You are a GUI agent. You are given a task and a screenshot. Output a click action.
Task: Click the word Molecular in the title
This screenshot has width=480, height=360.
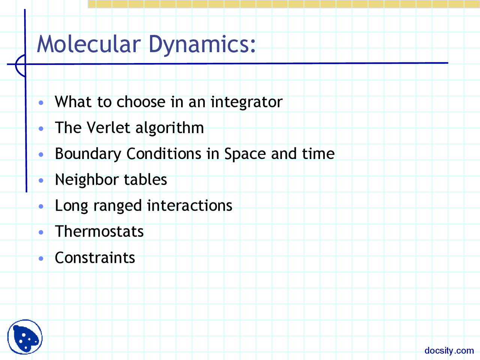click(89, 44)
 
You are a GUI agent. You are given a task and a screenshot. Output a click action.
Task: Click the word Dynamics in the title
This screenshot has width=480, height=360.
click(202, 45)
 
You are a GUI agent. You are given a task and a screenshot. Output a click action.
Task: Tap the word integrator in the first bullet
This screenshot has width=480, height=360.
click(247, 102)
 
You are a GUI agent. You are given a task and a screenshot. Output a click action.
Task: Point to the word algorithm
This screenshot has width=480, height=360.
click(170, 128)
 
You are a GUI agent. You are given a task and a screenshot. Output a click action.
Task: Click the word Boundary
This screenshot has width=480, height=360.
click(88, 154)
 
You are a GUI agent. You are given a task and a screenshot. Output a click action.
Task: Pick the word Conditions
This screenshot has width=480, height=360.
click(164, 153)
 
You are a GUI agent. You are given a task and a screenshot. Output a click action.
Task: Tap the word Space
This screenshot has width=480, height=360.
click(245, 154)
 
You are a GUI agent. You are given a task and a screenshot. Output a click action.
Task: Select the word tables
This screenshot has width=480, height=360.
click(145, 180)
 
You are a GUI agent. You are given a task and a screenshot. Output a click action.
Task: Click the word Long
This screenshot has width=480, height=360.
click(72, 206)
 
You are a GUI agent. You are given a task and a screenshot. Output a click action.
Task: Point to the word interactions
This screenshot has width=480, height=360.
click(190, 205)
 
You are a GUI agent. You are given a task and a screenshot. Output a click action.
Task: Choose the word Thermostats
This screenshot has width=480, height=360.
click(99, 231)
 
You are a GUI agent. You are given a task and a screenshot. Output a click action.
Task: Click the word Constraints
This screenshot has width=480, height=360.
click(95, 258)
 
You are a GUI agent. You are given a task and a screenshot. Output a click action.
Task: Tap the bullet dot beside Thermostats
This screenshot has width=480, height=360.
click(41, 232)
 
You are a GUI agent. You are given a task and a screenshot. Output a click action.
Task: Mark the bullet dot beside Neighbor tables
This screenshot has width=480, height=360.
click(41, 180)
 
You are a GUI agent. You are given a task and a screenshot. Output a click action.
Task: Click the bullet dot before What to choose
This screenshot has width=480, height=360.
click(41, 102)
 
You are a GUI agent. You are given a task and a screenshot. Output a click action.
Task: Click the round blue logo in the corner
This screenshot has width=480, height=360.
click(25, 337)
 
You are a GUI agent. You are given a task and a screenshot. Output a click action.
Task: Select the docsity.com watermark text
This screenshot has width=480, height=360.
click(449, 350)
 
